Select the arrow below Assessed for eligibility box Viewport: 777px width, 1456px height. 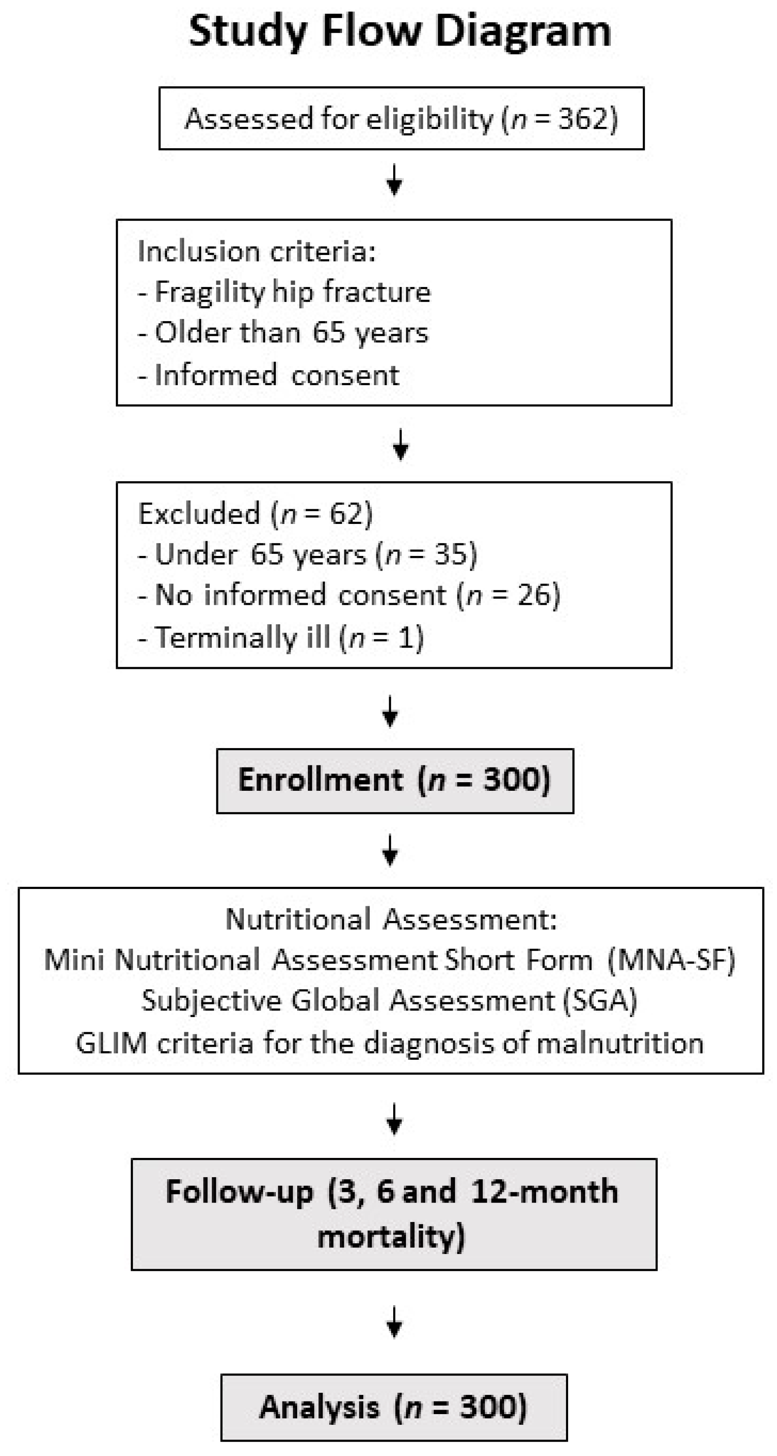point(394,180)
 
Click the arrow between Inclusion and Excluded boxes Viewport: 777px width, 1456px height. point(401,445)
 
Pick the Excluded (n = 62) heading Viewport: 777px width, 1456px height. point(255,514)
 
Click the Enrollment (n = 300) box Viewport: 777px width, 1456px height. point(394,781)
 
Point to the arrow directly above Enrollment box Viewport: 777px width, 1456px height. point(390,711)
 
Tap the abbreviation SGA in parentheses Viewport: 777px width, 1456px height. point(600,1001)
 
